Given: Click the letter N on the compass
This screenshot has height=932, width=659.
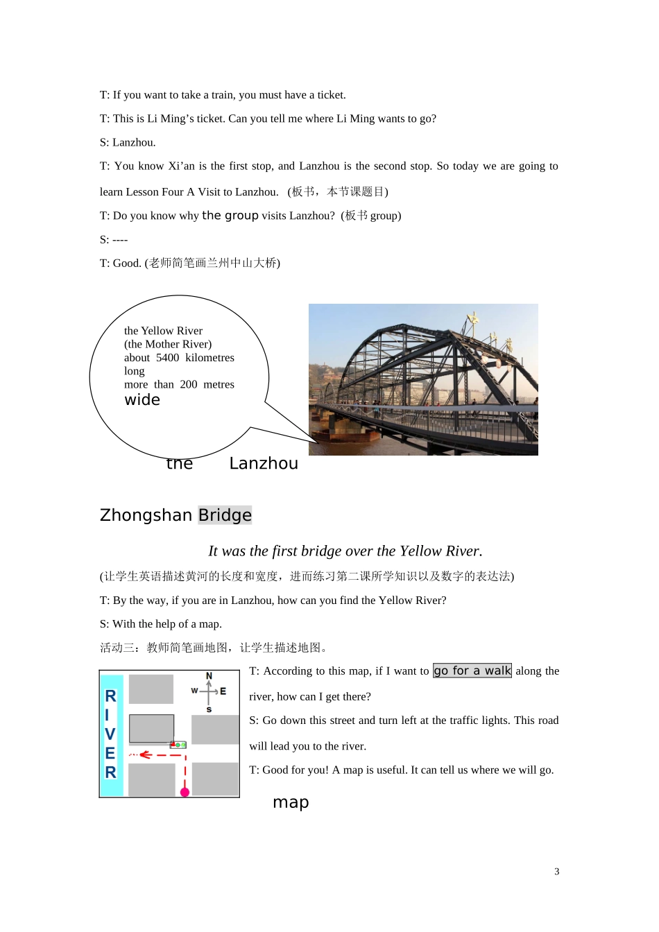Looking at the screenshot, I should pos(209,676).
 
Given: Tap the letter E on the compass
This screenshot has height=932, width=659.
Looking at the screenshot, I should pos(223,691).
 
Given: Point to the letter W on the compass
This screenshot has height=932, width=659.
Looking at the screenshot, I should pos(194,691).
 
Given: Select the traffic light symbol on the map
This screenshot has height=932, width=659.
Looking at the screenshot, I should pos(179,745).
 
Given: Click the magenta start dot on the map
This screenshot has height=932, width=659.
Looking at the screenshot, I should pos(185,792).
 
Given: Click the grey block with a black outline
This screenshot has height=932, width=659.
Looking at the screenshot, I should pos(151,729).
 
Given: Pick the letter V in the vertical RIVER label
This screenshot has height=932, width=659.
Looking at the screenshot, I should pos(110,734).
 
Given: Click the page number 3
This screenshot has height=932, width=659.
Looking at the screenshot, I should pos(556,872).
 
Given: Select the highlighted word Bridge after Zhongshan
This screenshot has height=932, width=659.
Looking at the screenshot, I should pos(225,515).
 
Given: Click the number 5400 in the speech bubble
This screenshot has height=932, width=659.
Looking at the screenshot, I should pos(167,358).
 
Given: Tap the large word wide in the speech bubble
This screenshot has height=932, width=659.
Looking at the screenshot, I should pos(142,400).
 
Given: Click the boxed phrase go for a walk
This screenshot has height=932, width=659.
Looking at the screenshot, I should pos(472,671).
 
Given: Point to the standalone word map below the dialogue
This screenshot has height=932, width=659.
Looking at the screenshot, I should pos(291,802).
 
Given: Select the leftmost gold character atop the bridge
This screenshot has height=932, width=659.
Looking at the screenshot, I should pos(474,319).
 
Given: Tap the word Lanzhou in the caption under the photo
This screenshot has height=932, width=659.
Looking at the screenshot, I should pos(264,464).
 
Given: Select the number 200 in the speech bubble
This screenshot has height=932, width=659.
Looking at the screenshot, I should pos(189,384).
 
